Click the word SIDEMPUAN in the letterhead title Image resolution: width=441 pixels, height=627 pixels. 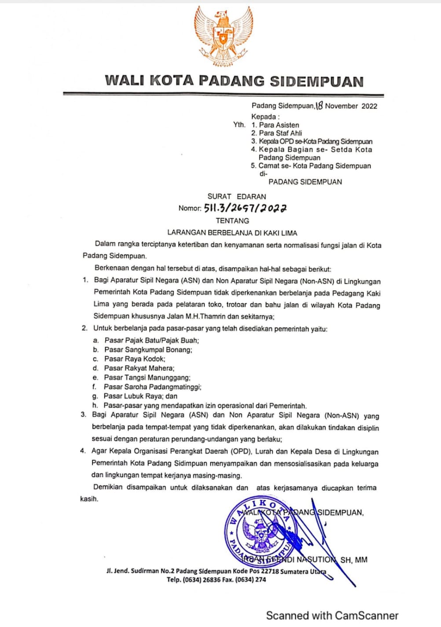pos(316,81)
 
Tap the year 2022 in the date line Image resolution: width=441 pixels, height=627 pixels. pos(369,106)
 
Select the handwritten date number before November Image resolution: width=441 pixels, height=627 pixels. pos(320,106)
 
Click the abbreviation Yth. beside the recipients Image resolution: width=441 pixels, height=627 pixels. pos(239,125)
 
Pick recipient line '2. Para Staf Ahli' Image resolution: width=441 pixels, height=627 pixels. pos(276,133)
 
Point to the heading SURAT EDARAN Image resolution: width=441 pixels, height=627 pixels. pos(237,197)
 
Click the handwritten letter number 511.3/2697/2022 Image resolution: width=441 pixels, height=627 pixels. pos(246,208)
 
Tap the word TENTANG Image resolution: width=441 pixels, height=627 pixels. pos(232,221)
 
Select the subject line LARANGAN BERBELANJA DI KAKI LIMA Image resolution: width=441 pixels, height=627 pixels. pos(232,233)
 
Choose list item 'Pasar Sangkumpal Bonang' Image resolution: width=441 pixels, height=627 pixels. pos(148,350)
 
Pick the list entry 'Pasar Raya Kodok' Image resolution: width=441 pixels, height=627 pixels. pos(135,359)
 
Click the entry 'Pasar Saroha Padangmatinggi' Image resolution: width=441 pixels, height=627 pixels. pos(153,387)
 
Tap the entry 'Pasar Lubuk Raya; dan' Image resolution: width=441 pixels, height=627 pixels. pos(141,396)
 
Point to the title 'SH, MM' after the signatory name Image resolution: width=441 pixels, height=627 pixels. pos(354,560)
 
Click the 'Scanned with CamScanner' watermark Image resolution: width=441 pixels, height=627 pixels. pos(332,616)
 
